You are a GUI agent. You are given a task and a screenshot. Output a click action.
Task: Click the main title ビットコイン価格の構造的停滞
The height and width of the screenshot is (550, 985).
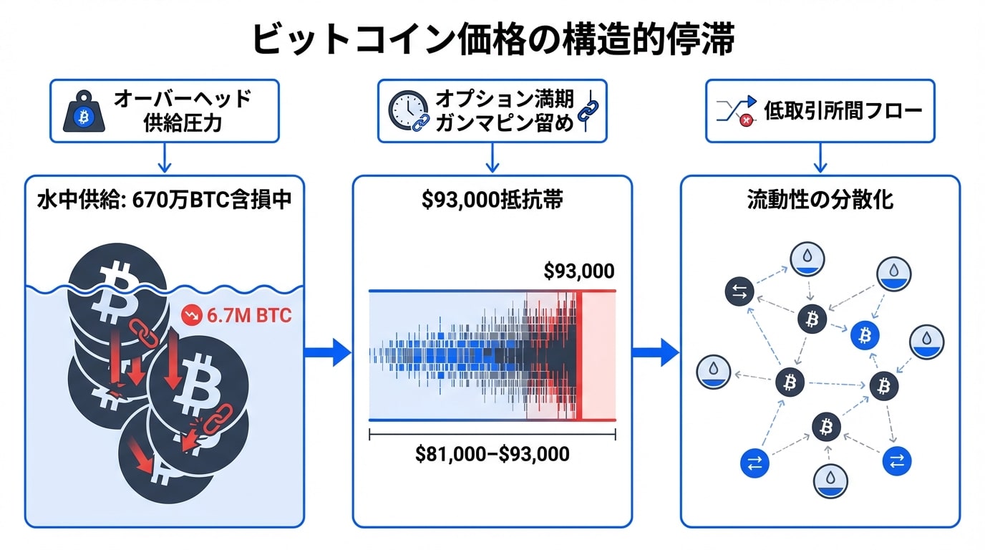coord(492,39)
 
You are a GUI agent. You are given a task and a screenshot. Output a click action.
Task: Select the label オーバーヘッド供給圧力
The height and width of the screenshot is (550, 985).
coord(182,110)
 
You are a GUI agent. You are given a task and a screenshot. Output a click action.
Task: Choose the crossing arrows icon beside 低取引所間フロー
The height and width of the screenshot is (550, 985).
coord(735,111)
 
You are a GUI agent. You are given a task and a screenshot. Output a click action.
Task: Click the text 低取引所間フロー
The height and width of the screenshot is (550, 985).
coord(843,110)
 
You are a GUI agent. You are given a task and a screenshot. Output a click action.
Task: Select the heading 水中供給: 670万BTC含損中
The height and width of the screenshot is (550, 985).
coord(164,200)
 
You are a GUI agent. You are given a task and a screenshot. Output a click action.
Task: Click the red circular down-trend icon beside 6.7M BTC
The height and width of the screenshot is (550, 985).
coord(192,315)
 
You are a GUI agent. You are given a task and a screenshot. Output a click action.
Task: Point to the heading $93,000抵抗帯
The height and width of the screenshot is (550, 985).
coord(492,200)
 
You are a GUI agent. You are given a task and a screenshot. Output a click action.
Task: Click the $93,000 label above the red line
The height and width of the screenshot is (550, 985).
coord(578,271)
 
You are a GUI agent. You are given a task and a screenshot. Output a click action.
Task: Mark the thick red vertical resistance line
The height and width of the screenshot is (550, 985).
coord(579,355)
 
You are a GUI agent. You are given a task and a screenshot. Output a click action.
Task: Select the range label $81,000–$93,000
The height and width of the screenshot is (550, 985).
coord(492,453)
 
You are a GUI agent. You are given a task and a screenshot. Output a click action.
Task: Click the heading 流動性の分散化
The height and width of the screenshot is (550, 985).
coord(820,200)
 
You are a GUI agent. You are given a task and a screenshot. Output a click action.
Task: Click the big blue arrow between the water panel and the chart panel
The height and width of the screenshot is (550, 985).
coord(328,352)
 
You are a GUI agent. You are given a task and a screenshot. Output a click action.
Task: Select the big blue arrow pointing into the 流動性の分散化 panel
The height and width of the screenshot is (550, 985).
coord(655,352)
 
